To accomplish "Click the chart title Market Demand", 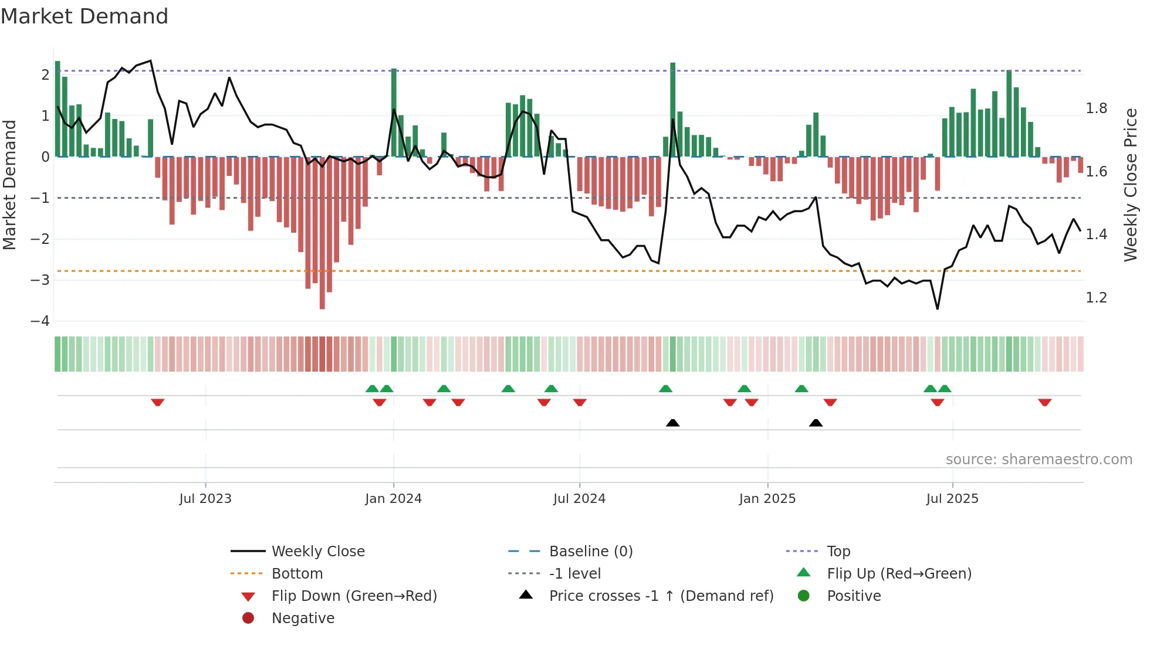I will tap(84, 16).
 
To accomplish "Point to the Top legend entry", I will tap(838, 551).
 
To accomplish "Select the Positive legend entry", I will tap(853, 596).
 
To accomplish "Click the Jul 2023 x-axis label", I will tap(205, 498).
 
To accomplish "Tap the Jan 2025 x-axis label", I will tap(767, 498).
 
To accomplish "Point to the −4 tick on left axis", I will tap(40, 321).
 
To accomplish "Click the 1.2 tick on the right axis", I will tap(1096, 298).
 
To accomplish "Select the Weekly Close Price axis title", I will tap(1130, 185).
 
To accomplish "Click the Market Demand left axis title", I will tap(10, 185).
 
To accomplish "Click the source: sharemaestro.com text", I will tap(1039, 459).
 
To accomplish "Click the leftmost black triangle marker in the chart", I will tap(672, 423).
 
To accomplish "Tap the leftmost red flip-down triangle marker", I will tap(157, 402).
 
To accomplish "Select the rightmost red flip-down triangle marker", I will tap(1044, 402).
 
